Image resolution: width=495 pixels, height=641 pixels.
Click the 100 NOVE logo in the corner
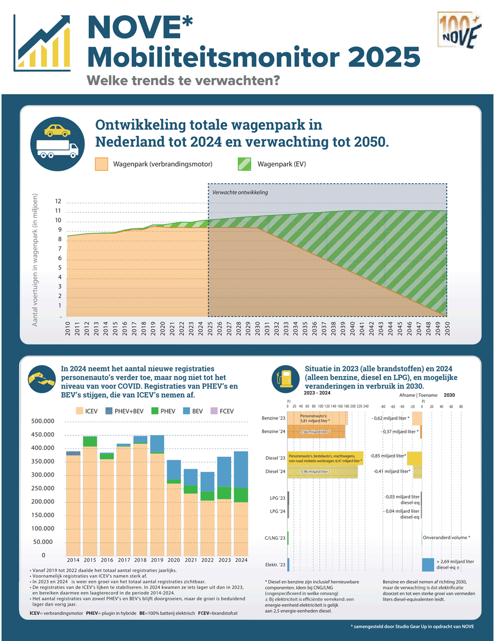point(459,31)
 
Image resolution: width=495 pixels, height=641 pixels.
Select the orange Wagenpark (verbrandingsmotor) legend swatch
point(102,164)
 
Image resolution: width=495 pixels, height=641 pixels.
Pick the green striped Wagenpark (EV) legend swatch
point(244,164)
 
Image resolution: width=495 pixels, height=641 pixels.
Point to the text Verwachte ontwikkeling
point(240,192)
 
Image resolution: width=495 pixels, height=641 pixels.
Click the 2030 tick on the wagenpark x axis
point(258,328)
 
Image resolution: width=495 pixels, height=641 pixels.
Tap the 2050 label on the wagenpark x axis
point(447,328)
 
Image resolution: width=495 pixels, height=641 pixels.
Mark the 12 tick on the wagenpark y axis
point(58,201)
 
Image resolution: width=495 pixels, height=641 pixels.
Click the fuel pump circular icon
point(285,379)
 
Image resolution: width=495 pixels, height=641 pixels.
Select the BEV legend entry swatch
point(186,411)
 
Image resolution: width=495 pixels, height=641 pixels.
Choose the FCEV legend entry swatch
point(214,411)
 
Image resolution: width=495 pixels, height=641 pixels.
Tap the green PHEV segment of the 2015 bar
point(90,441)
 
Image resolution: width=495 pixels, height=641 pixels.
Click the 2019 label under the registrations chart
point(157,560)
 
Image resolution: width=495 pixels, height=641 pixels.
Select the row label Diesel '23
point(275,458)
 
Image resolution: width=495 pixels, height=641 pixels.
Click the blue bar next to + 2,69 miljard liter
point(428,564)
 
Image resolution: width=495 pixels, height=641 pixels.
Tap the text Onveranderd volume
point(446,538)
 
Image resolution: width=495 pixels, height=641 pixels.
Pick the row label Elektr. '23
point(275,565)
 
